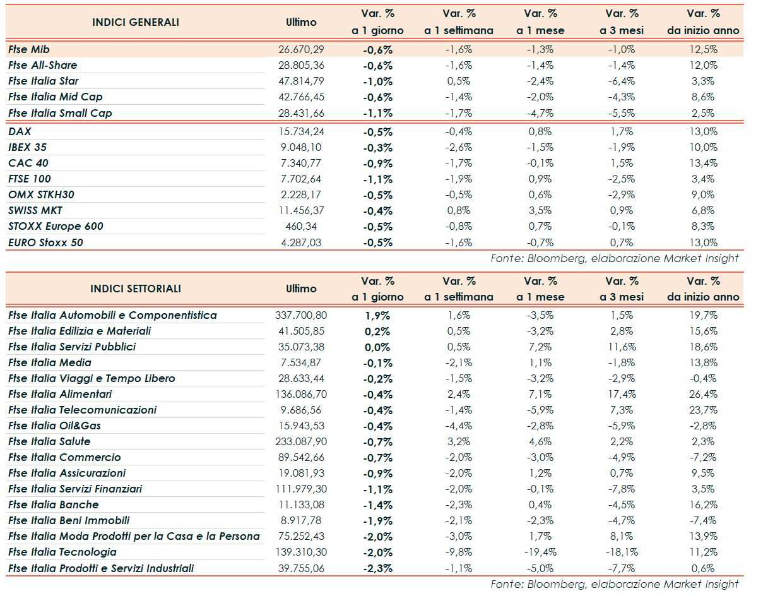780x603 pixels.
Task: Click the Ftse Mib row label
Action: (29, 49)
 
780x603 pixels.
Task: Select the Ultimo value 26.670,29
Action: (301, 49)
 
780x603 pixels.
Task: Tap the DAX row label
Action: (20, 131)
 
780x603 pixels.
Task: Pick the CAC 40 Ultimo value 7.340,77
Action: (301, 163)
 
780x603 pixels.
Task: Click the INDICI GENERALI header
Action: (136, 22)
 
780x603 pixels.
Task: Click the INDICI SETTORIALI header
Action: (136, 289)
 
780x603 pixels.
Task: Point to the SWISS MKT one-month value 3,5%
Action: (540, 210)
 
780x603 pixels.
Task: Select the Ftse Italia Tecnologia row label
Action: (62, 552)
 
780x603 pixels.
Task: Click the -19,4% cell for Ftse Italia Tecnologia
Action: (540, 552)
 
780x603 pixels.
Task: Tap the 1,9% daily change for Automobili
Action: (377, 315)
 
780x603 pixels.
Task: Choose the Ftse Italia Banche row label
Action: (54, 504)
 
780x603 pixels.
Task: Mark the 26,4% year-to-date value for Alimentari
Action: (703, 394)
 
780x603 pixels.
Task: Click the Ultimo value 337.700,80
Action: (301, 315)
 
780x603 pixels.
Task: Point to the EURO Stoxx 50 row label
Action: (45, 242)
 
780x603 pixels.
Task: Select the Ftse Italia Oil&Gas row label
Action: (55, 426)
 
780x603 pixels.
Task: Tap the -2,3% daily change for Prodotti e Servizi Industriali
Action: (377, 568)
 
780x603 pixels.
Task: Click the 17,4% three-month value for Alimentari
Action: (622, 394)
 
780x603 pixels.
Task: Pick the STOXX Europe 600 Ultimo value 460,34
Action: (301, 226)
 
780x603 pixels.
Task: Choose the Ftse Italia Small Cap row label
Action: (60, 113)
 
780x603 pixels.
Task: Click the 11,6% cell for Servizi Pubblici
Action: (622, 347)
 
